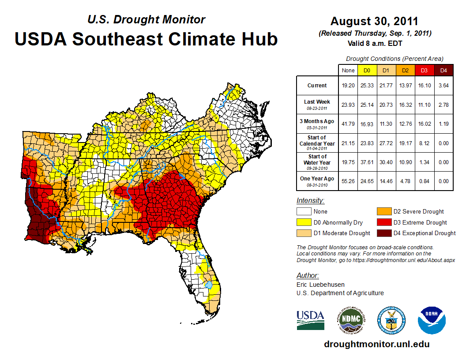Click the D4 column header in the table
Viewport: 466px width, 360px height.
click(x=444, y=70)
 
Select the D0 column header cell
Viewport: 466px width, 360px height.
click(x=366, y=70)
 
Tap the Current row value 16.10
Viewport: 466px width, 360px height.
click(x=425, y=86)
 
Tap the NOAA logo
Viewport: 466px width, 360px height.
click(x=432, y=320)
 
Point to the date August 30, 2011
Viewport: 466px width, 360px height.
click(x=374, y=21)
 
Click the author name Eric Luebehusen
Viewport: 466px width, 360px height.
click(x=320, y=285)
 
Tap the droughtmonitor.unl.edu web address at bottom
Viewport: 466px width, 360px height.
click(x=376, y=344)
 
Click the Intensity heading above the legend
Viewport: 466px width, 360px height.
click(x=310, y=201)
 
